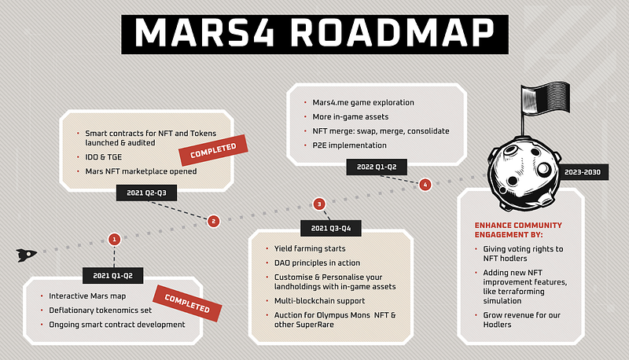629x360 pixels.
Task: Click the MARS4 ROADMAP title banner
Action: click(x=315, y=35)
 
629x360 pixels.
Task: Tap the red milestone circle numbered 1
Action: click(x=114, y=239)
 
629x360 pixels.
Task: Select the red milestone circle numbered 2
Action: click(x=213, y=221)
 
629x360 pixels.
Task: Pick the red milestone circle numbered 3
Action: click(x=319, y=204)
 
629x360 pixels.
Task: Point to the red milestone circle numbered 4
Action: click(x=425, y=185)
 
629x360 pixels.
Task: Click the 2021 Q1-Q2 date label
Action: click(x=112, y=275)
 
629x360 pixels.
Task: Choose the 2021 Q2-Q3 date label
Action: click(x=146, y=193)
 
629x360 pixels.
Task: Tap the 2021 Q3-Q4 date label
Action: click(x=331, y=228)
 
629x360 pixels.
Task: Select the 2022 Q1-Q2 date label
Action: click(x=377, y=167)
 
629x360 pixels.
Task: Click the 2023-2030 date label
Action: click(x=583, y=172)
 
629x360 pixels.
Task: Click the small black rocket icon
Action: click(x=27, y=255)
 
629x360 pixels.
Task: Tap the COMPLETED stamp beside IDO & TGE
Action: click(x=213, y=150)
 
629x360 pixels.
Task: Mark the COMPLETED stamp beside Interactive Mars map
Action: click(x=187, y=303)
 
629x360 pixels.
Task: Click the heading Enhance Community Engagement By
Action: click(x=518, y=230)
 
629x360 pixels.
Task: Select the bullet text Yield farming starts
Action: click(x=310, y=248)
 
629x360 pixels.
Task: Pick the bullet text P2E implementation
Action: click(x=349, y=145)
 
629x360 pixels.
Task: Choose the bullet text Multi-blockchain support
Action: click(x=320, y=301)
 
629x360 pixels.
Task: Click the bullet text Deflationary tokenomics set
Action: click(x=101, y=310)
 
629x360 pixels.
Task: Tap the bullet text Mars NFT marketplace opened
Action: click(x=141, y=171)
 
